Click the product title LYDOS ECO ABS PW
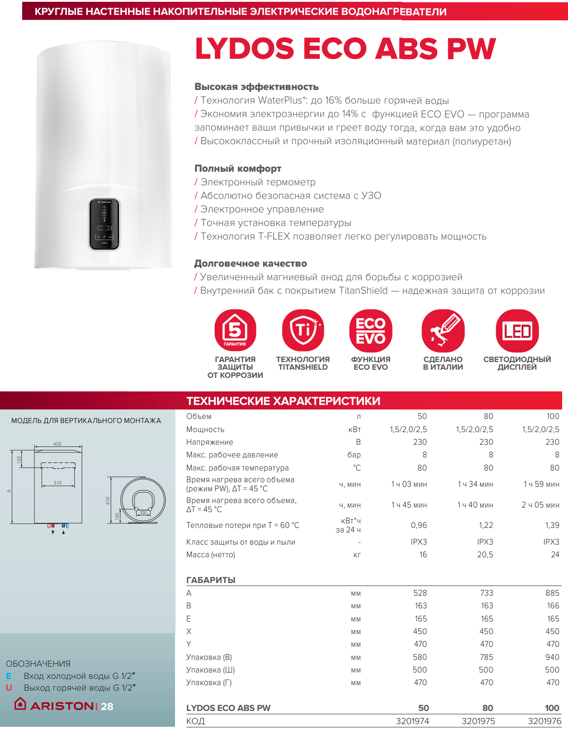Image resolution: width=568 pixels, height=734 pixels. pyautogui.click(x=345, y=49)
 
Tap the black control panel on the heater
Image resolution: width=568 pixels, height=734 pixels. pyautogui.click(x=104, y=224)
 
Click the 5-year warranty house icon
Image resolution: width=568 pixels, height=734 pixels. pyautogui.click(x=235, y=330)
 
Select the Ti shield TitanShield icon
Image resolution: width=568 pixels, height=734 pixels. pyautogui.click(x=303, y=330)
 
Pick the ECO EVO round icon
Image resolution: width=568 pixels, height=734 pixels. pyautogui.click(x=370, y=330)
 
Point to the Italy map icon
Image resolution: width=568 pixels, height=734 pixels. pyautogui.click(x=443, y=330)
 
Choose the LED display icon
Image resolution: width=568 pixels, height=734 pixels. pyautogui.click(x=517, y=330)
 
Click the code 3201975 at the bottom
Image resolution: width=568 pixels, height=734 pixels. pyautogui.click(x=478, y=721)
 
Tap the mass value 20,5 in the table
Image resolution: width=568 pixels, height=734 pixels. pyautogui.click(x=485, y=555)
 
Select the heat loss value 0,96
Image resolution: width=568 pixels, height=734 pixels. pyautogui.click(x=419, y=525)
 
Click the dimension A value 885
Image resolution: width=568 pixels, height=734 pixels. pyautogui.click(x=552, y=593)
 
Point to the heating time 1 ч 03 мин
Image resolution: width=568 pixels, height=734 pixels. pyautogui.click(x=409, y=484)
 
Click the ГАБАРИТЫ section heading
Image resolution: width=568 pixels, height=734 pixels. pyautogui.click(x=211, y=580)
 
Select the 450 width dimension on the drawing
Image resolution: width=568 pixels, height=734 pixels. pyautogui.click(x=57, y=444)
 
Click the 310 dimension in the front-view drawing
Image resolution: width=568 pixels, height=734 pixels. pyautogui.click(x=57, y=483)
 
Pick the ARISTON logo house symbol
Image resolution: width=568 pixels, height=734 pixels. pyautogui.click(x=20, y=704)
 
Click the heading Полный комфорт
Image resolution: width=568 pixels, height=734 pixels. pyautogui.click(x=238, y=169)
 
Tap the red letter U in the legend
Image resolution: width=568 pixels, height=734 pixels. pyautogui.click(x=9, y=688)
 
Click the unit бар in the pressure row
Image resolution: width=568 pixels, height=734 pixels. pyautogui.click(x=354, y=455)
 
